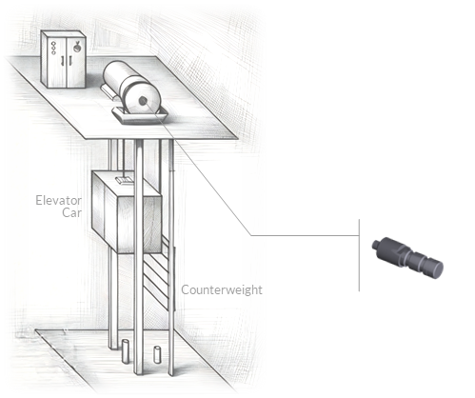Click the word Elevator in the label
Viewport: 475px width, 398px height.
tap(58, 201)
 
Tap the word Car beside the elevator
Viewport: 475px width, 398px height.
tap(71, 212)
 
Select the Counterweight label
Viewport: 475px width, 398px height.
tap(222, 290)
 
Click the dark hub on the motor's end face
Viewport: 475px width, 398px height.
tap(143, 101)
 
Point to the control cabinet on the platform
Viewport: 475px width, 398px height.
tap(64, 59)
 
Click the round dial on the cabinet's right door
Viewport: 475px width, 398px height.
tap(77, 48)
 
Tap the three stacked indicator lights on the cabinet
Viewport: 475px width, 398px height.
tap(53, 48)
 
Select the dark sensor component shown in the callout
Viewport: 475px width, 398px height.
tap(407, 258)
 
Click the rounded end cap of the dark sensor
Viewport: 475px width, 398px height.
tap(436, 269)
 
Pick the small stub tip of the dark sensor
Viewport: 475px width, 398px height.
tap(376, 245)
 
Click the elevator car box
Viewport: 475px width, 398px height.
tap(127, 212)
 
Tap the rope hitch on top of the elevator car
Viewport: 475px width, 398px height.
tap(125, 181)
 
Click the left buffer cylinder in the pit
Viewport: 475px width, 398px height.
tap(126, 351)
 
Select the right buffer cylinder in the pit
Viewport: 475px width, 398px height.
tap(157, 354)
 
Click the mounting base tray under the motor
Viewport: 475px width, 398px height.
tap(140, 116)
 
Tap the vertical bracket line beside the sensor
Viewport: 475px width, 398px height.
tap(359, 255)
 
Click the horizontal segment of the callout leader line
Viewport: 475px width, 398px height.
tap(305, 235)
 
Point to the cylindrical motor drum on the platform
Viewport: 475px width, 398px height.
tap(131, 87)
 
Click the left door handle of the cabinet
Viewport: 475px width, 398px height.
tap(62, 60)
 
